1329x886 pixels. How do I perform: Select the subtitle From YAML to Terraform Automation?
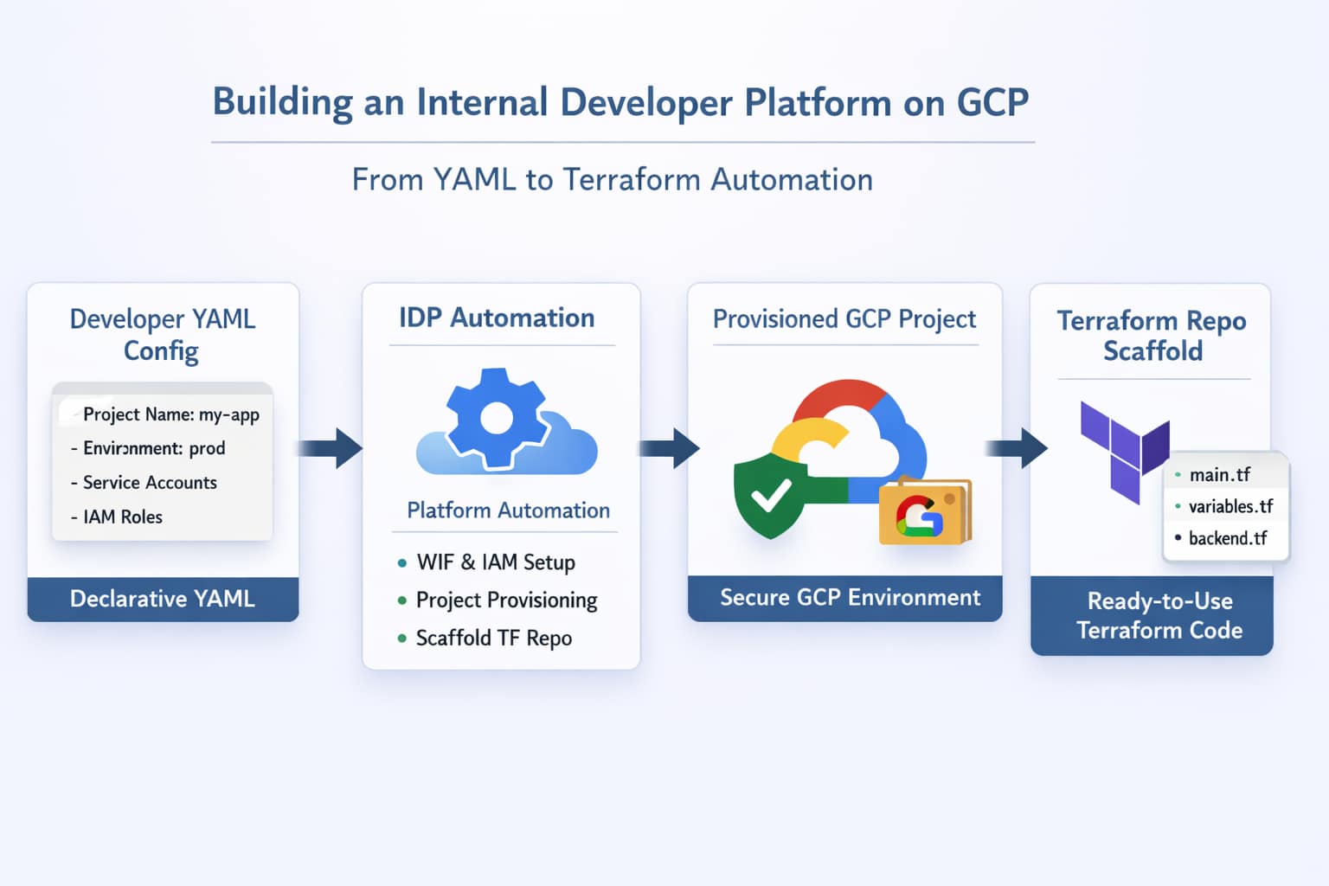coord(612,180)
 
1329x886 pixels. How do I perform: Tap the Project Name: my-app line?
coord(170,414)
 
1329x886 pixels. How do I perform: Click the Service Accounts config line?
coord(149,483)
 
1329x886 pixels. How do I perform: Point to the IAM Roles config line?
coord(122,517)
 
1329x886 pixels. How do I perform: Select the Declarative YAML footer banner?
coord(163,599)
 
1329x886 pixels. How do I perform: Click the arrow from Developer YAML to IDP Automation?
coord(332,448)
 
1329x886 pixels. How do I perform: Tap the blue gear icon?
coord(496,419)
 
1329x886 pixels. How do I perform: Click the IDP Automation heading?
coord(497,318)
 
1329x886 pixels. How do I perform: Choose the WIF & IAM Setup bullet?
coord(495,562)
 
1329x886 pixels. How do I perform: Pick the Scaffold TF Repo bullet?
coord(493,639)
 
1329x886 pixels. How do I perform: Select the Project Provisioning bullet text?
coord(506,600)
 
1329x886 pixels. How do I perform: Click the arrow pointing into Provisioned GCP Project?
coord(670,448)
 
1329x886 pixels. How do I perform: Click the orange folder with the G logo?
coord(924,512)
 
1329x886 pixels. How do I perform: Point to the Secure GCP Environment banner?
coord(850,598)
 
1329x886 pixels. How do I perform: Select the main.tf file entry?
coord(1219,475)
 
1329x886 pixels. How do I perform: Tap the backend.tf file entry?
coord(1227,538)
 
